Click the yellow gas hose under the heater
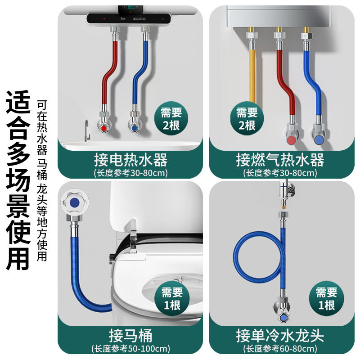click(252, 76)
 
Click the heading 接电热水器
click(130, 160)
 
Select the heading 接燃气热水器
click(280, 160)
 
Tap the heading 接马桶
click(130, 335)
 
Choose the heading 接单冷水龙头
click(280, 335)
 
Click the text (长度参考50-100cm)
click(130, 348)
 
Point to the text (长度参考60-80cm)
click(280, 348)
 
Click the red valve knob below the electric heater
click(105, 128)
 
